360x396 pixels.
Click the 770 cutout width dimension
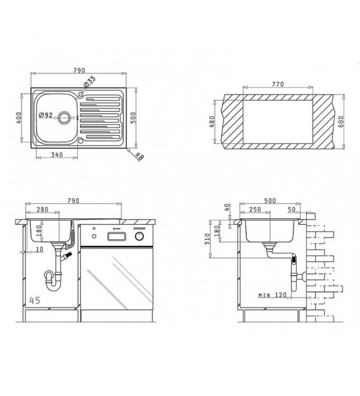click(x=278, y=84)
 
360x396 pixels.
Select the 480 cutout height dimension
click(x=212, y=122)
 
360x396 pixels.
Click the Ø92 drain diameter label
click(x=46, y=115)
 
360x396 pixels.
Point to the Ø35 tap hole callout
click(x=90, y=81)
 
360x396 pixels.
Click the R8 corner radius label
click(x=139, y=156)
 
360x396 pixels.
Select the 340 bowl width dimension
click(x=57, y=154)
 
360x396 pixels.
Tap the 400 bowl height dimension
click(x=18, y=118)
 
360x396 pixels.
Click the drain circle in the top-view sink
click(x=64, y=117)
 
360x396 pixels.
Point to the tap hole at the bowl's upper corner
click(x=80, y=95)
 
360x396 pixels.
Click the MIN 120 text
click(x=272, y=295)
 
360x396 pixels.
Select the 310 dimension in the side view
click(x=207, y=239)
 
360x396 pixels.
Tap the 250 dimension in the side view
click(x=255, y=209)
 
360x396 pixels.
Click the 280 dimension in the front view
click(x=43, y=209)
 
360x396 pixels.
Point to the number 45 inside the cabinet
click(x=35, y=300)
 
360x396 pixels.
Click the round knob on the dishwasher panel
click(x=140, y=237)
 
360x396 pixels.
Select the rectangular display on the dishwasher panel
click(x=116, y=237)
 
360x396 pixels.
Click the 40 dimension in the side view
click(x=227, y=207)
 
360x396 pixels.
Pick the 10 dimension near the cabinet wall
click(x=40, y=249)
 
